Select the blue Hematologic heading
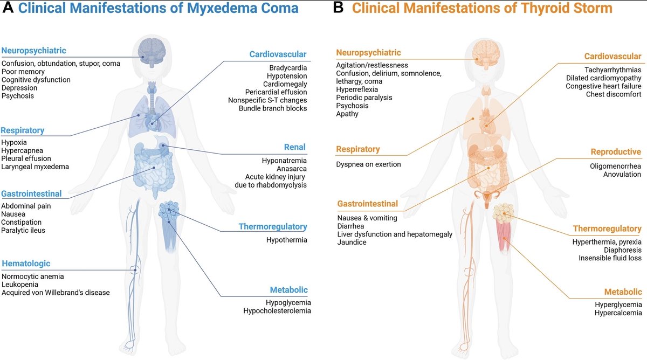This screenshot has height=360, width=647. coord(26,264)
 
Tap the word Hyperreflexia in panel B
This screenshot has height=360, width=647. coord(357,89)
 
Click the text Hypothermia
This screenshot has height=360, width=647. coord(286,240)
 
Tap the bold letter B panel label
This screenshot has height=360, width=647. coord(338,8)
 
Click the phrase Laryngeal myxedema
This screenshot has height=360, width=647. coord(35,167)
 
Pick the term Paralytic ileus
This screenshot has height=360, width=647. coord(23,231)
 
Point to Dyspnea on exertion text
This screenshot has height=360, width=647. coord(369,164)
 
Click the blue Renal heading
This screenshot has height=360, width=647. coord(295,147)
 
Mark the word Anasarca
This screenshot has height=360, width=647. coord(291,169)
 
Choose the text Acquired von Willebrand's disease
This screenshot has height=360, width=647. coord(56,293)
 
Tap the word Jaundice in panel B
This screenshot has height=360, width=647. coord(352,243)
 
